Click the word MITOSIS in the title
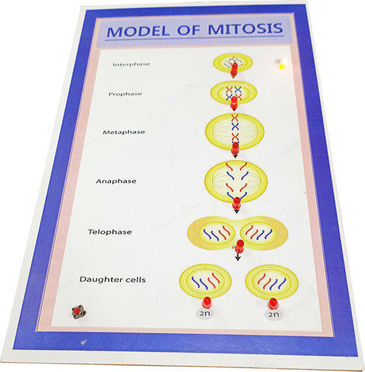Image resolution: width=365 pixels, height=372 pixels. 246,29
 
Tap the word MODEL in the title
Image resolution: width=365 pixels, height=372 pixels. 138,31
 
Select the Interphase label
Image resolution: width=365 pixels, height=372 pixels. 132,65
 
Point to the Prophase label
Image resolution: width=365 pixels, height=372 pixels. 125,94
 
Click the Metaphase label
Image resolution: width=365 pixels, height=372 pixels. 124,132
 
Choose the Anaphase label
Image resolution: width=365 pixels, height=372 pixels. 116,181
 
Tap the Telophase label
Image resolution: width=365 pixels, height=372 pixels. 109,232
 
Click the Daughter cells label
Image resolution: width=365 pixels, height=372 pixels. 113,279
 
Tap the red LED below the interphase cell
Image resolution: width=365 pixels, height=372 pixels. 234,69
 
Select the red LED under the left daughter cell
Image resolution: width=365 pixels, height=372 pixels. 207,302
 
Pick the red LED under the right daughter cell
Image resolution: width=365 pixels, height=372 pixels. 273,304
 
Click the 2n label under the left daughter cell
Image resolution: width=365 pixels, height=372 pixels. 205,313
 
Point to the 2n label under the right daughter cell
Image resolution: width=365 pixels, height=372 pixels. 274,314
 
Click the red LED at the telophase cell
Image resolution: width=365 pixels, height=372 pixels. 240,246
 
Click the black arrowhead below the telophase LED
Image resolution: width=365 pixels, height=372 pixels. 237,259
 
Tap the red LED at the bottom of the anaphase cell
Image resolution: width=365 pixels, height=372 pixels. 236,203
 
